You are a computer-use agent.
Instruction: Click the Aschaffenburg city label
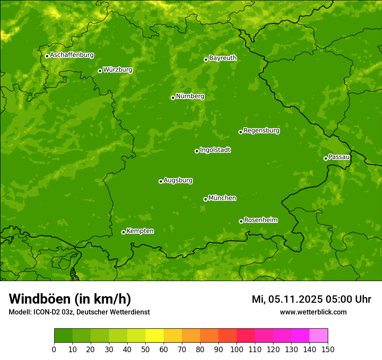[x=72, y=55]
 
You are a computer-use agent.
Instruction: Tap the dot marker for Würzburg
[x=100, y=71]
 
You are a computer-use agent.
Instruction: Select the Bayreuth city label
[x=223, y=58]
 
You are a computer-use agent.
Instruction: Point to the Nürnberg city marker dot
[x=173, y=98]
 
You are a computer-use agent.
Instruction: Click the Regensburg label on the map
[x=261, y=131]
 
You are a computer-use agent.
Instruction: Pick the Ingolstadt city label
[x=215, y=150]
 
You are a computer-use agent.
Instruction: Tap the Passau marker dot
[x=326, y=158]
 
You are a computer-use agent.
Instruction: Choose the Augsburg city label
[x=178, y=180]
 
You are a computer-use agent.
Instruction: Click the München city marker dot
[x=205, y=199]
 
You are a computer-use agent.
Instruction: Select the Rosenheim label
[x=260, y=220]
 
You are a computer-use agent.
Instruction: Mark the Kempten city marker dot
[x=123, y=232]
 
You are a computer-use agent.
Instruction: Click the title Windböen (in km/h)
[x=70, y=299]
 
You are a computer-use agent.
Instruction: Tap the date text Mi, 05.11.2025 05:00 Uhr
[x=311, y=299]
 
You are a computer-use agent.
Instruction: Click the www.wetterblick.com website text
[x=313, y=312]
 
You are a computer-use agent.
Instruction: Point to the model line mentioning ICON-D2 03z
[x=79, y=312]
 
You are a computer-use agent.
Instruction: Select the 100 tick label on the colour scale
[x=237, y=349]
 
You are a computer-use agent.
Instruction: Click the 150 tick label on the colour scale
[x=328, y=349]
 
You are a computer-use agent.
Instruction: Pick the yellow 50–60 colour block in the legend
[x=155, y=336]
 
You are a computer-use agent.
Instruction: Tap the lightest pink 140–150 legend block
[x=319, y=336]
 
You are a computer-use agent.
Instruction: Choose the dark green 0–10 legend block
[x=63, y=336]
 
